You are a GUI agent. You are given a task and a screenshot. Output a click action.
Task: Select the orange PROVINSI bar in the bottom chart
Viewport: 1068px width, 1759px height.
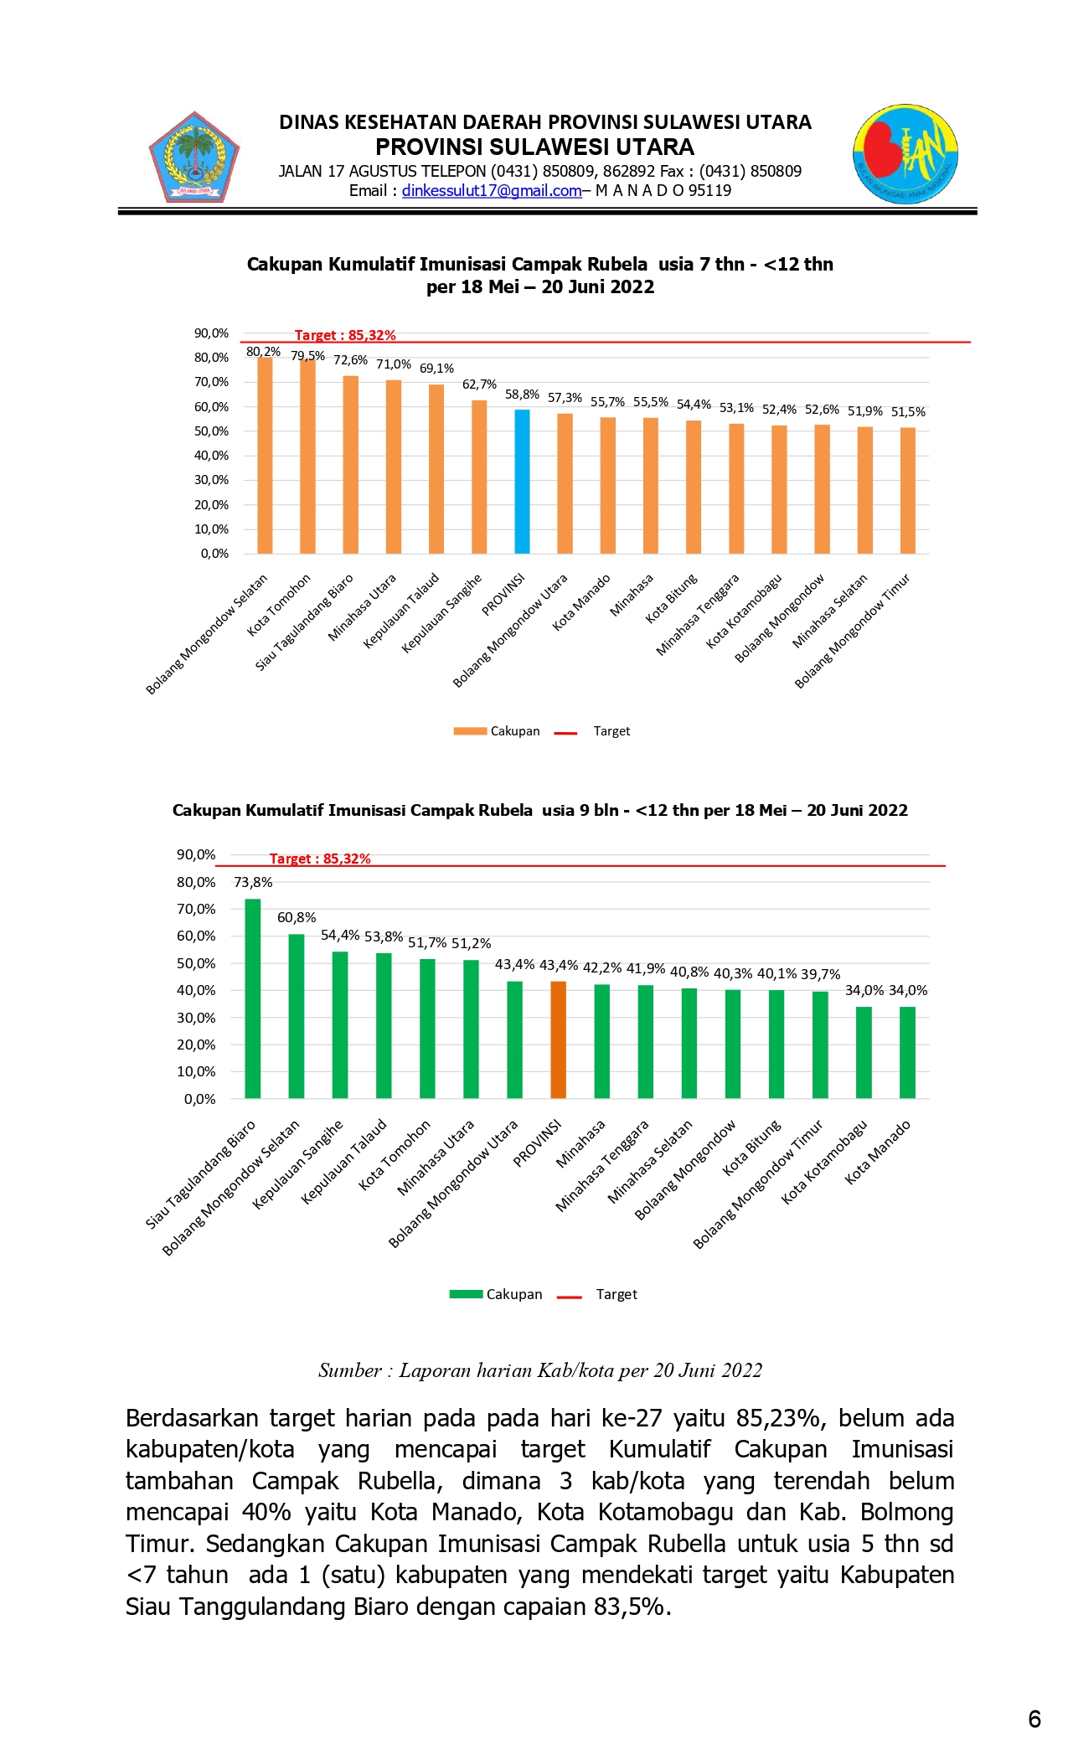click(x=558, y=1039)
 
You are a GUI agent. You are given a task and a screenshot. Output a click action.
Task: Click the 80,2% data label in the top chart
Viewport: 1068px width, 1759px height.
click(x=263, y=352)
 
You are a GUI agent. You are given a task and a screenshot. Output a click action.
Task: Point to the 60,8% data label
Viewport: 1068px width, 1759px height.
click(x=297, y=918)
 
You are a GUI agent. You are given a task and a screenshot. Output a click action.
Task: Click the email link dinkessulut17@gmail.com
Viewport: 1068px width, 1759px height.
click(x=492, y=191)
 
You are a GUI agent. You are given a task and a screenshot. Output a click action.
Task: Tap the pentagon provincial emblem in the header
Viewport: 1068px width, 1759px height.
click(x=194, y=158)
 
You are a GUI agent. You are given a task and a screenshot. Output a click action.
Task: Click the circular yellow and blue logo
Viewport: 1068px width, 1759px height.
click(x=905, y=155)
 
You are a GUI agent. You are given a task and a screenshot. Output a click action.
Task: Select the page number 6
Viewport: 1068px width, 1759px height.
click(x=1034, y=1719)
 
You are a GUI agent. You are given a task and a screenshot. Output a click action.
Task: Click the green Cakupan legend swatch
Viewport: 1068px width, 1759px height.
click(x=466, y=1294)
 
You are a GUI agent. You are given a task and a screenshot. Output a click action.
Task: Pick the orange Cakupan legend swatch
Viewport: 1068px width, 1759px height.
click(x=470, y=731)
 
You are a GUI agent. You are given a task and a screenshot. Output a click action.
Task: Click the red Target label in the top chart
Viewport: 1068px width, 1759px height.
click(x=345, y=335)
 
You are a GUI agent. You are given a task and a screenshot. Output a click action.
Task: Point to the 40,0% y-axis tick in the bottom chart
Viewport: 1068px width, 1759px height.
click(x=196, y=990)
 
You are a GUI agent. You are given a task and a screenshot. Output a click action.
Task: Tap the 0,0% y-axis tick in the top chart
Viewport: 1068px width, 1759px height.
click(x=214, y=554)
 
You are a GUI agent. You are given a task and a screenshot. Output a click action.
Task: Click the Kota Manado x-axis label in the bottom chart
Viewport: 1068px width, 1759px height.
click(x=877, y=1153)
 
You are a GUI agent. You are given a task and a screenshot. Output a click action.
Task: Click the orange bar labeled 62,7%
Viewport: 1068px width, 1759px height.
click(x=479, y=477)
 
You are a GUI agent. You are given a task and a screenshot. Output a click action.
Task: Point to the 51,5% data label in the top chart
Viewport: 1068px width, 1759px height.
click(x=908, y=412)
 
